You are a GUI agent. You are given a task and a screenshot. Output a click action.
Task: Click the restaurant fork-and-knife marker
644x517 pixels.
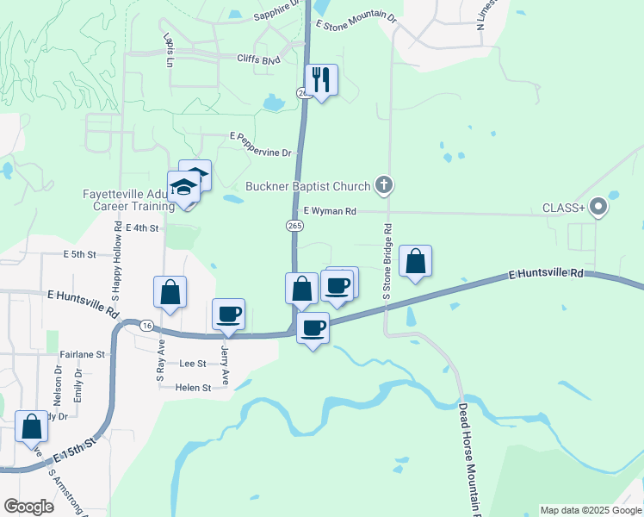[321, 81]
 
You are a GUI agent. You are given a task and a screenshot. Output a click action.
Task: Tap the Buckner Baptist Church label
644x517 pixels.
[307, 185]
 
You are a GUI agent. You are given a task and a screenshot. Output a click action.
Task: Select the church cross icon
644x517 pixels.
[385, 184]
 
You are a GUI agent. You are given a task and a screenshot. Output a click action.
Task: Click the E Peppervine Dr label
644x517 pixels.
[260, 153]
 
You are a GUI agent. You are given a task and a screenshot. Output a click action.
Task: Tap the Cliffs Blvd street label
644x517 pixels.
[259, 59]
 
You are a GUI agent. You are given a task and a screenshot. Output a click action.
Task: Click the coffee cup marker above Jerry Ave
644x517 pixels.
[228, 314]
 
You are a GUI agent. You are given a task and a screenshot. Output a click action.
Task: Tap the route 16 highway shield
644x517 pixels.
[147, 326]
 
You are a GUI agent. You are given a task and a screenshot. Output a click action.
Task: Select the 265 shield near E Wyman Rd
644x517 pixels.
[295, 225]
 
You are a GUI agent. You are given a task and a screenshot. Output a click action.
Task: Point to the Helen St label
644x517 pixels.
[193, 388]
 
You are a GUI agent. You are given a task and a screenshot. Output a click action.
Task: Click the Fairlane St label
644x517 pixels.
[82, 354]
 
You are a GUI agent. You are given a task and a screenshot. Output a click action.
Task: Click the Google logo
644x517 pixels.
[28, 506]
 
